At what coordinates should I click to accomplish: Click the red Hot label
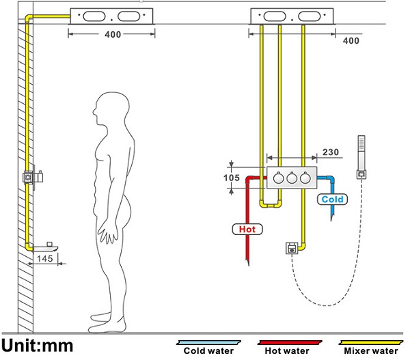point(247,229)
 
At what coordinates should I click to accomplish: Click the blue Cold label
point(333,199)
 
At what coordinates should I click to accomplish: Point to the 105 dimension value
point(232,178)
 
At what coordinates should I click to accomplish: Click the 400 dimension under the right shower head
point(350,41)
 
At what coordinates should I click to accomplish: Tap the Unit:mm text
point(38,345)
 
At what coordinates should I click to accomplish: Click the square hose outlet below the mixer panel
point(292,249)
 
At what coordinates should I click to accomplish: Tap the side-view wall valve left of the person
point(31,176)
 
